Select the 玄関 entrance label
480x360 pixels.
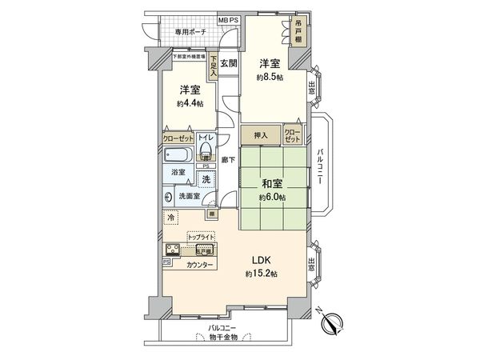click(x=230, y=64)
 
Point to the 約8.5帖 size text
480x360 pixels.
click(x=269, y=78)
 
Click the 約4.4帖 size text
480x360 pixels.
click(x=190, y=103)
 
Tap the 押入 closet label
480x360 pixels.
click(x=261, y=136)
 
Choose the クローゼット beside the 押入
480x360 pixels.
click(x=292, y=136)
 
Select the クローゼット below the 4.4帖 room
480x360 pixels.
click(x=178, y=138)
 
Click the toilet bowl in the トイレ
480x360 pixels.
click(x=205, y=151)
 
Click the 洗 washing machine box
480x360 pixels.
click(x=206, y=179)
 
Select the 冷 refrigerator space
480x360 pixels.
click(x=171, y=216)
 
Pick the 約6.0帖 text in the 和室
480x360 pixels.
click(x=272, y=197)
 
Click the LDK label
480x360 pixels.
click(x=262, y=259)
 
